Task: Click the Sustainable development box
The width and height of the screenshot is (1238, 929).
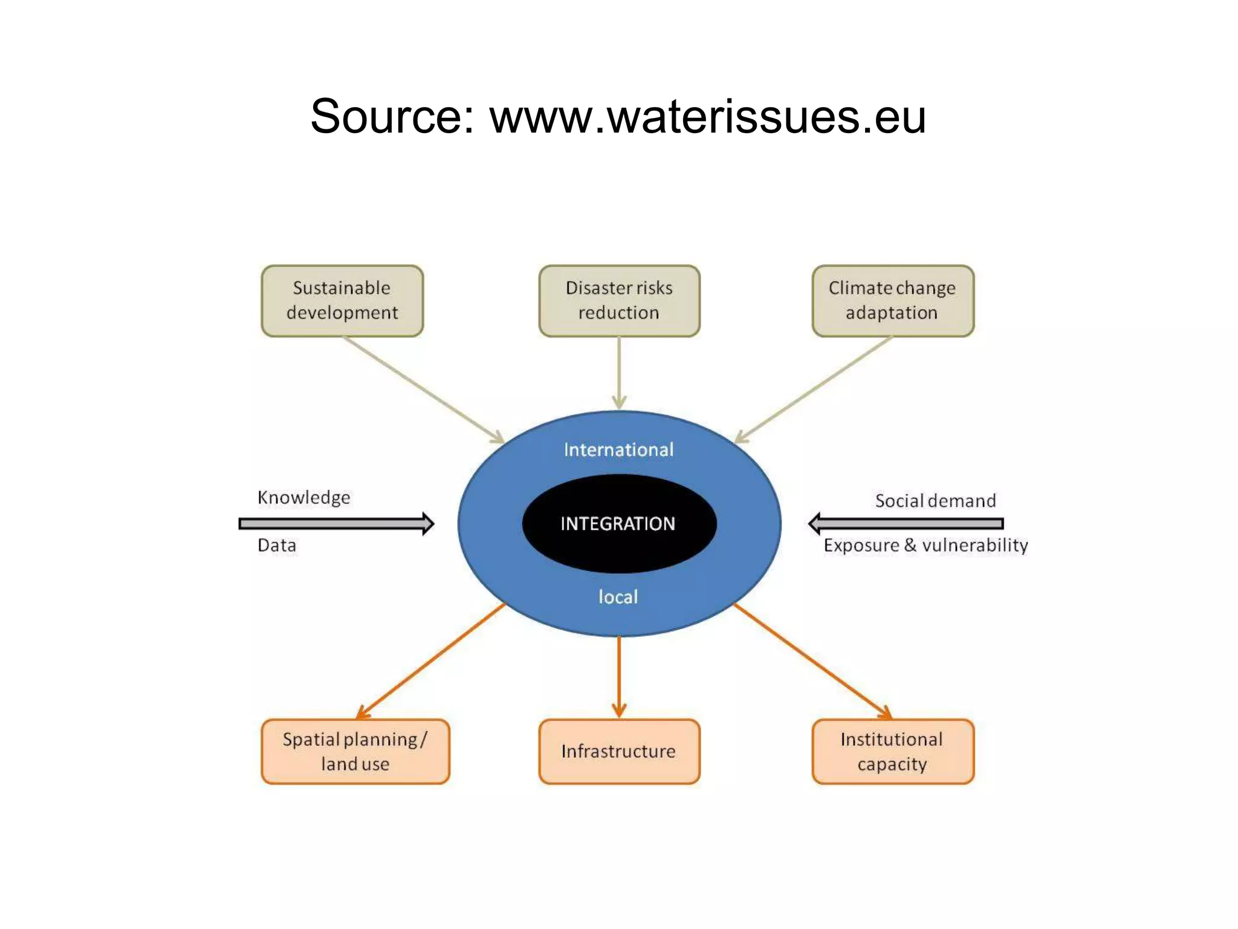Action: click(342, 301)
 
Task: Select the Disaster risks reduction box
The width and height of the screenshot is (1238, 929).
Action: click(619, 301)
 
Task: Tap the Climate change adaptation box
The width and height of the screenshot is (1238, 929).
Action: click(893, 301)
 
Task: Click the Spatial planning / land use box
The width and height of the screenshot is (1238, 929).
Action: click(355, 751)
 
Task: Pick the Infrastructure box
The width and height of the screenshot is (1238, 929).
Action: click(619, 751)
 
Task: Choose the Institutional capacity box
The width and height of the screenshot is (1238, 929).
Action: click(893, 751)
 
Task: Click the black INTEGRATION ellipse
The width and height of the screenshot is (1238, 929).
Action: click(619, 524)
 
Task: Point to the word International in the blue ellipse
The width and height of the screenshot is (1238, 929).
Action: click(618, 450)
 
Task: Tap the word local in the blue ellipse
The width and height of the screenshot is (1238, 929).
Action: click(618, 597)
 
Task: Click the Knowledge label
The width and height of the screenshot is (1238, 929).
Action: click(303, 498)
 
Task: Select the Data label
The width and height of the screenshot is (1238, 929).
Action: click(277, 546)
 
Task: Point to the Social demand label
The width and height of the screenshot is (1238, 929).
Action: click(935, 501)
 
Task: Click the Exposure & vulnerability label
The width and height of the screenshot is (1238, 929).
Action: click(925, 546)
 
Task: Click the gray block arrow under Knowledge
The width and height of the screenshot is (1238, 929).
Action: click(336, 524)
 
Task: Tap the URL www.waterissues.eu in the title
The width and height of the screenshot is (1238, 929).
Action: click(708, 116)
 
